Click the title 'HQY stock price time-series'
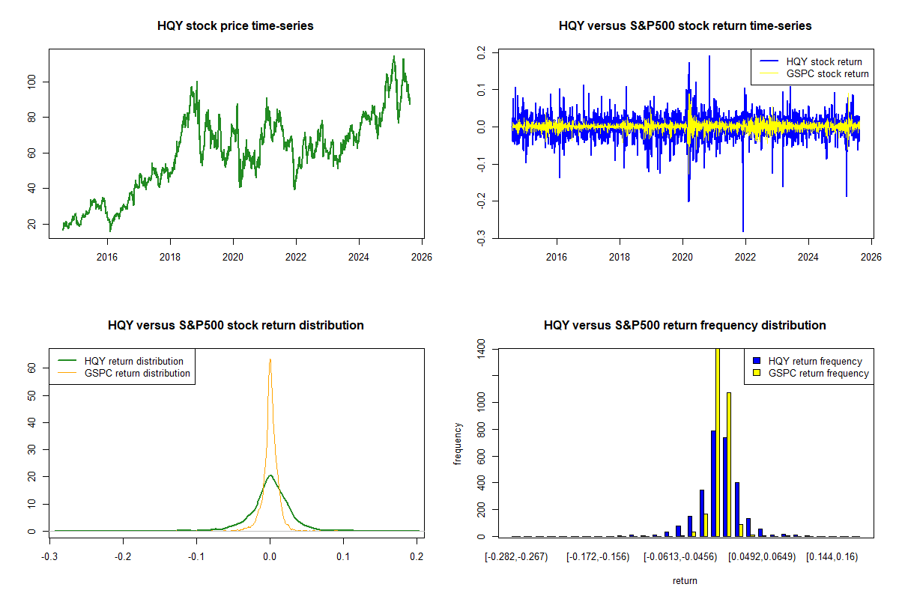pyautogui.click(x=235, y=26)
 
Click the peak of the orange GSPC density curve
pyautogui.click(x=270, y=360)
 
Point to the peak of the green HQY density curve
pyautogui.click(x=270, y=475)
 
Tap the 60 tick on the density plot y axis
pyautogui.click(x=32, y=368)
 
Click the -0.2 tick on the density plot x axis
pyautogui.click(x=123, y=557)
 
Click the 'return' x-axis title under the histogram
pyautogui.click(x=685, y=580)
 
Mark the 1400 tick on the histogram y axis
pyautogui.click(x=481, y=349)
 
